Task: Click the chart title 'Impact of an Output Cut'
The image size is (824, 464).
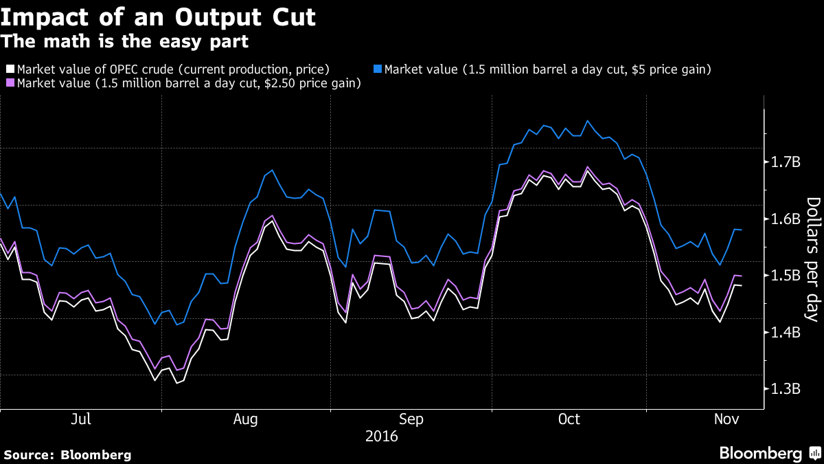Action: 159,16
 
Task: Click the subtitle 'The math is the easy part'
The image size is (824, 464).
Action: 124,41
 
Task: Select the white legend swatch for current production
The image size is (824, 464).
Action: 10,69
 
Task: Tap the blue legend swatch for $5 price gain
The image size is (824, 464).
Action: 376,69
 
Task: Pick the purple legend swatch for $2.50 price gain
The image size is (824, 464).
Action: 10,83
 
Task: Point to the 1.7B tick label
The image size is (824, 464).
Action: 786,162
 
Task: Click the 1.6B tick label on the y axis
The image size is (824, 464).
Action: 786,219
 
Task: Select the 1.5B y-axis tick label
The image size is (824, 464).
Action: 786,275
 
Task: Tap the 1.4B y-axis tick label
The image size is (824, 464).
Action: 786,332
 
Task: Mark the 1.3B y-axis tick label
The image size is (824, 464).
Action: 786,388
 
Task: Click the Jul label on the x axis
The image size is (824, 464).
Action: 81,419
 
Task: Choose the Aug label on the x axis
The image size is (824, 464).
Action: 246,419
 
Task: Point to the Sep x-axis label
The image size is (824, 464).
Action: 411,419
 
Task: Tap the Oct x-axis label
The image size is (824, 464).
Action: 569,419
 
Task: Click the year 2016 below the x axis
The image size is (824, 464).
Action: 381,436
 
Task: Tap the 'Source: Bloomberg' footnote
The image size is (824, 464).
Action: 67,454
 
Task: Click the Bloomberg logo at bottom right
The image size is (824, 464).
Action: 768,453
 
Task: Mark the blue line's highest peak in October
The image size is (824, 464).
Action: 588,121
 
